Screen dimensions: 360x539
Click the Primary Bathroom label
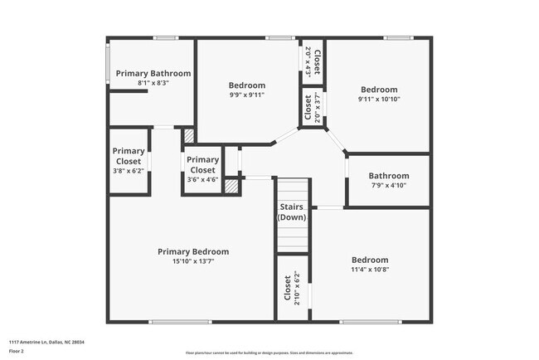pyautogui.click(x=153, y=73)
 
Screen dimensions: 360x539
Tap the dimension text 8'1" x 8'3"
pyautogui.click(x=153, y=83)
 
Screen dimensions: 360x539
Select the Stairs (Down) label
pyautogui.click(x=291, y=212)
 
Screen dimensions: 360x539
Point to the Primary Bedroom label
pyautogui.click(x=193, y=251)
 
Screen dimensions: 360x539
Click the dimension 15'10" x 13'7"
pyautogui.click(x=193, y=261)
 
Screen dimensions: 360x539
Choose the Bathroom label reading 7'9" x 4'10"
pyautogui.click(x=389, y=176)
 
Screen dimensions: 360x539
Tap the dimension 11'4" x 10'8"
pyautogui.click(x=370, y=270)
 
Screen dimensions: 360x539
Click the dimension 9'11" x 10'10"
pyautogui.click(x=379, y=100)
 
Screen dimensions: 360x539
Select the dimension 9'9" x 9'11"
pyautogui.click(x=247, y=95)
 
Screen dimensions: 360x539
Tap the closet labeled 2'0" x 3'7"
pyautogui.click(x=312, y=108)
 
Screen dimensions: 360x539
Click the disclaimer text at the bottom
pyautogui.click(x=269, y=353)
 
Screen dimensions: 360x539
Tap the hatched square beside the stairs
pyautogui.click(x=231, y=187)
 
